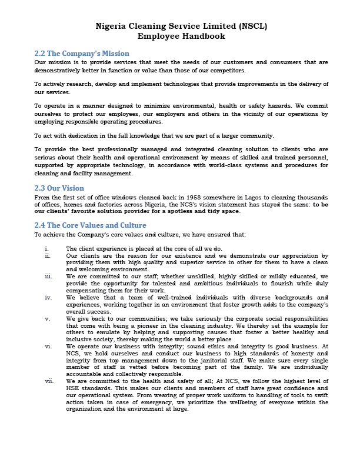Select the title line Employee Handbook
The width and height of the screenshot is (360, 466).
181,36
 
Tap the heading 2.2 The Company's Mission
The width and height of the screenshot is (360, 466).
82,54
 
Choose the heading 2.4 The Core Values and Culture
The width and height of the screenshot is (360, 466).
90,225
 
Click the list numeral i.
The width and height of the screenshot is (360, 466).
46,249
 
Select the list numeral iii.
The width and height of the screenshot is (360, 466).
48,276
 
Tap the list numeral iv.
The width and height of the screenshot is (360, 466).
48,298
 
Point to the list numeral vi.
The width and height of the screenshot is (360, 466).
48,347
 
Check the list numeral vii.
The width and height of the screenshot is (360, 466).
49,381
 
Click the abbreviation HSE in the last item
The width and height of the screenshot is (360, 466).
75,388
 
